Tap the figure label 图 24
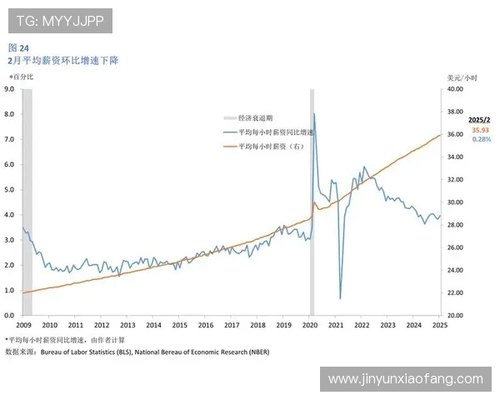[x=18, y=47]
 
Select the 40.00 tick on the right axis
[x=454, y=88]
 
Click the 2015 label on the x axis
[x=180, y=325]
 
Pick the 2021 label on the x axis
[x=336, y=325]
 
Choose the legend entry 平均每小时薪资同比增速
[x=275, y=132]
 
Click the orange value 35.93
[x=480, y=130]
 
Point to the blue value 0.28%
[x=481, y=139]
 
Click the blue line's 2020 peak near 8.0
[x=313, y=114]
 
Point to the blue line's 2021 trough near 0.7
[x=340, y=297]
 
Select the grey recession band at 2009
[x=27, y=200]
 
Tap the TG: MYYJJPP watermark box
[x=59, y=21]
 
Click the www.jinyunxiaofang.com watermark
[x=405, y=379]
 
